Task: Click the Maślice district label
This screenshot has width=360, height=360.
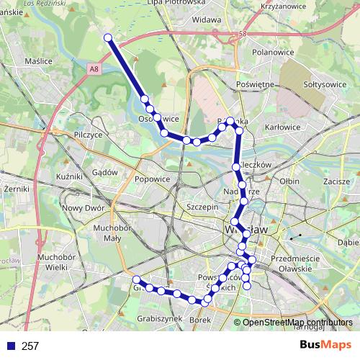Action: [x=38, y=61]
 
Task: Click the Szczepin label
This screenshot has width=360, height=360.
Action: [x=202, y=206]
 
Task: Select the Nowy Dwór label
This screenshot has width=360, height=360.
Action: [x=84, y=208]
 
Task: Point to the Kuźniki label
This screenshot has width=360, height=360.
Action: [x=71, y=176]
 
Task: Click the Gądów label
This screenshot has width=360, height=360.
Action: [x=104, y=163]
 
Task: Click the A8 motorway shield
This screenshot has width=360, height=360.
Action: [x=96, y=68]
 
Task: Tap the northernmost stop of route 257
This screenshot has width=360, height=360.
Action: [x=108, y=37]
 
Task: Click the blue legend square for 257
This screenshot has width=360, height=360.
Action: [x=9, y=346]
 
